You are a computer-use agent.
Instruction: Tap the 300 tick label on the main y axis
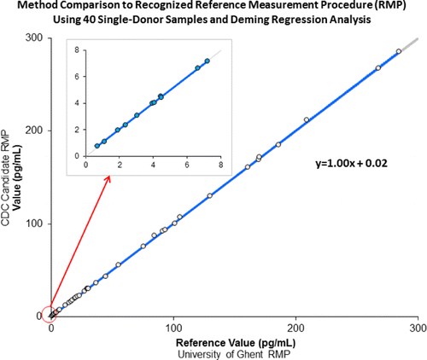click(32, 38)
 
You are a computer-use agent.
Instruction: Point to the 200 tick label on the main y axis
click(32, 131)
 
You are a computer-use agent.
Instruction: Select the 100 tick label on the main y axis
click(32, 224)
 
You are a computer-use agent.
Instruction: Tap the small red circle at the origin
click(50, 314)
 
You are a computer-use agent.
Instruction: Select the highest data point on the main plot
click(399, 52)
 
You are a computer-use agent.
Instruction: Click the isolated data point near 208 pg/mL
click(307, 119)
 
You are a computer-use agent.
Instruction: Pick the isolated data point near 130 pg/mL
click(210, 195)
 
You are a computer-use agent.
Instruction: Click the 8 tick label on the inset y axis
click(76, 50)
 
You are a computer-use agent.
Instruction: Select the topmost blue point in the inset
click(207, 61)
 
